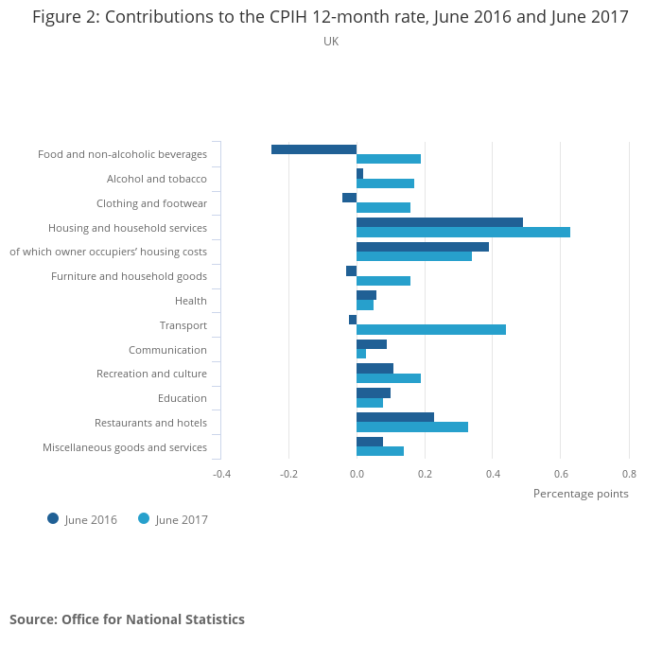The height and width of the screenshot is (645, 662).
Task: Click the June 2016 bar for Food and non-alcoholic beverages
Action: (314, 149)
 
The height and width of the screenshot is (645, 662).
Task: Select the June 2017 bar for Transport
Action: (431, 330)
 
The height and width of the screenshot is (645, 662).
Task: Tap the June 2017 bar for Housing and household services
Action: (463, 232)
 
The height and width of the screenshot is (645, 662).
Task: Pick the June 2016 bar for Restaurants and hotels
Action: (395, 417)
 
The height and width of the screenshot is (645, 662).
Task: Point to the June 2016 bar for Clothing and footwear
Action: (350, 198)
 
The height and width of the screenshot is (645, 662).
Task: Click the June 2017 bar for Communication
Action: (361, 354)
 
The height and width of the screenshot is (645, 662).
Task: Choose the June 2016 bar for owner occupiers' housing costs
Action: (423, 247)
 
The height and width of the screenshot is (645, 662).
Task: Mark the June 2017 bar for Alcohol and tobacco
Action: (385, 183)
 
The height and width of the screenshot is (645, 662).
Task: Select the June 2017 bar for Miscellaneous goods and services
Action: (380, 451)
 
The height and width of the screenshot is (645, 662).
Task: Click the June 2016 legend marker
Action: (53, 518)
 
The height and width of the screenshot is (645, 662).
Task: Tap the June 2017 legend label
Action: (182, 519)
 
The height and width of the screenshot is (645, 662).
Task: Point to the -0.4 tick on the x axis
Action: (221, 474)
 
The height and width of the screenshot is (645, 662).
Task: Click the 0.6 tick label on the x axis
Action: (561, 474)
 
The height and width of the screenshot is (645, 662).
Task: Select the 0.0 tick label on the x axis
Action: (357, 474)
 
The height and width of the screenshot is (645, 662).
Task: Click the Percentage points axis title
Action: (581, 494)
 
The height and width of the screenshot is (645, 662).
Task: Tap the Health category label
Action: (191, 301)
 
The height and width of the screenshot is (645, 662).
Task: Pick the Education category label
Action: (183, 398)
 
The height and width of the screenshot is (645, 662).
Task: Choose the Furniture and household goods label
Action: (129, 276)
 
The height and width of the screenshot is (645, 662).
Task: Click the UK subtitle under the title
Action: (331, 42)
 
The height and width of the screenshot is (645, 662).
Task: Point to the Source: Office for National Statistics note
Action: (127, 619)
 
